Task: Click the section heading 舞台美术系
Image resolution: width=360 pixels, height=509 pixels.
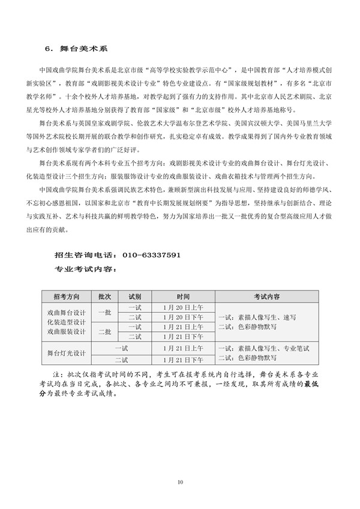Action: (x=90, y=47)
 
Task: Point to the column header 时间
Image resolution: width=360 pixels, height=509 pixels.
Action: (x=183, y=297)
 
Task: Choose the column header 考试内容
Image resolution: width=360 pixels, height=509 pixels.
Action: (x=266, y=297)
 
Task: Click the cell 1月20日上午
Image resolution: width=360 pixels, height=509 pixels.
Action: (x=183, y=307)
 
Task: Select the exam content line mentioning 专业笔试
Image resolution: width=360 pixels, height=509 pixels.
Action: (x=256, y=348)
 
